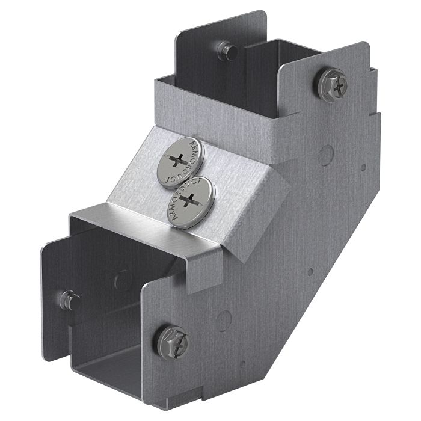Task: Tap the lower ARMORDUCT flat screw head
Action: [x=192, y=200]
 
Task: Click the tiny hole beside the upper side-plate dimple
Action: [x=362, y=168]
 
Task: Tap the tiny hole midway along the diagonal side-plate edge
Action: [x=310, y=271]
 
